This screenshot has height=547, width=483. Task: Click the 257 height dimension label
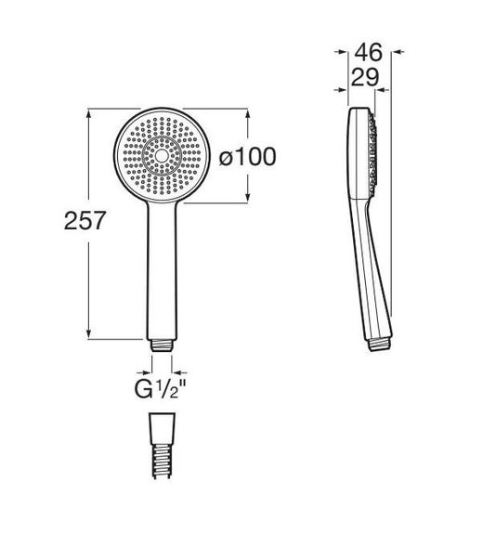85,220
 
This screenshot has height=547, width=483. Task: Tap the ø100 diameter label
247,157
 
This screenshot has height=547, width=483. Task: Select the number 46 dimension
369,52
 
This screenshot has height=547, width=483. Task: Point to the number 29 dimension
365,77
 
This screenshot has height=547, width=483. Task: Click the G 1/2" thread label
161,389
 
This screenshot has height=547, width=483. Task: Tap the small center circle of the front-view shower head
162,156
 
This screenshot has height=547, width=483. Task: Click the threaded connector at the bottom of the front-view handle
162,345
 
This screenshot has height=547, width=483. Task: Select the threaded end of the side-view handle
381,344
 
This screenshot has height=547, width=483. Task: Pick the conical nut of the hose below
162,429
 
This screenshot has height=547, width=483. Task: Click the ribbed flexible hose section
162,462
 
